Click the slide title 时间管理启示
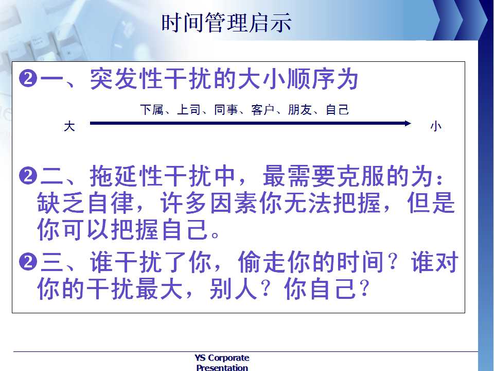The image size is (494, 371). tap(226, 23)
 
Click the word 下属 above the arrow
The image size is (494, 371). tap(152, 109)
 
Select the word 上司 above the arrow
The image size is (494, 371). tap(189, 109)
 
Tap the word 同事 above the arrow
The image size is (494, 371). tap(226, 109)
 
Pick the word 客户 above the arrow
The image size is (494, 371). tap(263, 109)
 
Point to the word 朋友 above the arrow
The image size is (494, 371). tap(300, 109)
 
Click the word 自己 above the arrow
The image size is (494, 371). tap(337, 109)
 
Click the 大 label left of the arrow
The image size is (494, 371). tap(69, 126)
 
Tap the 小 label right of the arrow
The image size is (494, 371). tap(436, 126)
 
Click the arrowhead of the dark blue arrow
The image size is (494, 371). tap(408, 123)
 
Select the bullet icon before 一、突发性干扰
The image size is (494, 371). tap(28, 78)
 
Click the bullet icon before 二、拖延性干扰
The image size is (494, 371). tap(28, 175)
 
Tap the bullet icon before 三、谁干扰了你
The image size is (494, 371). tap(28, 262)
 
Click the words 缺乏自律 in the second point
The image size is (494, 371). tap(86, 203)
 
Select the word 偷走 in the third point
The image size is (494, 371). tap(262, 262)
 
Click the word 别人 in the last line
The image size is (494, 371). tap(233, 289)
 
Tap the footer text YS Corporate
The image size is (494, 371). tap(222, 358)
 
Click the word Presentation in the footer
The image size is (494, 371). tap(222, 367)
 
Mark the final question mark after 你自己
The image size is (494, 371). tap(364, 288)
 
